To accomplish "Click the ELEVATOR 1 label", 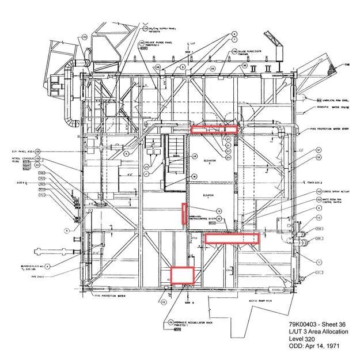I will [208, 195].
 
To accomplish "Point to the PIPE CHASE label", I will [38, 276].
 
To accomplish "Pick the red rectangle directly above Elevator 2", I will [214, 130].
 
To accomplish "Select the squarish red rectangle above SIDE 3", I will [182, 274].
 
